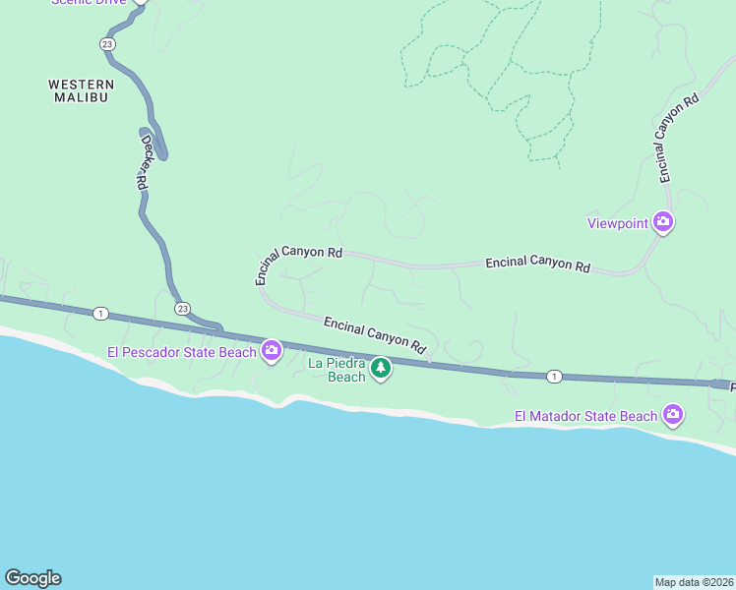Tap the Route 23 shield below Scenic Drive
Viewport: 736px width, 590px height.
pyautogui.click(x=106, y=44)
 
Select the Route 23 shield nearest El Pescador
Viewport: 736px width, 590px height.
pyautogui.click(x=183, y=309)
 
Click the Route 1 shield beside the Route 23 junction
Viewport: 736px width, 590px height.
pyautogui.click(x=100, y=314)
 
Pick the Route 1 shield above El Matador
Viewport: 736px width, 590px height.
pyautogui.click(x=555, y=377)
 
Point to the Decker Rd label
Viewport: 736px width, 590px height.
pyautogui.click(x=145, y=163)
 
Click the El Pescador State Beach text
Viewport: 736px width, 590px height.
pyautogui.click(x=182, y=351)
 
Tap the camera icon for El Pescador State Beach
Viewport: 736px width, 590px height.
pyautogui.click(x=271, y=351)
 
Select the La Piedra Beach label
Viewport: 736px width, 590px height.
pyautogui.click(x=337, y=370)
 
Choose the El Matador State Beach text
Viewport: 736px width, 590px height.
pyautogui.click(x=585, y=416)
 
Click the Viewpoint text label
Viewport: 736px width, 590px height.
pyautogui.click(x=617, y=223)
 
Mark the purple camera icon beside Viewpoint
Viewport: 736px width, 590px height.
pyautogui.click(x=663, y=223)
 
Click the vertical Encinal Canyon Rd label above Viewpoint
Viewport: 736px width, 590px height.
pyautogui.click(x=678, y=138)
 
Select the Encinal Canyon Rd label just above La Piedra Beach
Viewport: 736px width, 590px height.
pyautogui.click(x=374, y=334)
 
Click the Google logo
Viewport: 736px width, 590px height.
pyautogui.click(x=32, y=578)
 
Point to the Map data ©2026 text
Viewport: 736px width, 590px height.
pyautogui.click(x=694, y=582)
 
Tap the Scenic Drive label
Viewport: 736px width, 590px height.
pyautogui.click(x=89, y=3)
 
